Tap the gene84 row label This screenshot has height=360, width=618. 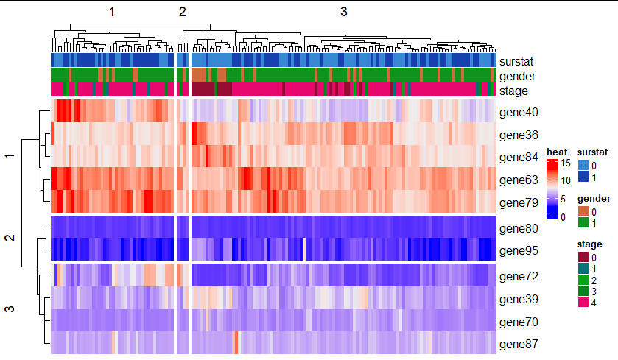[x=518, y=158]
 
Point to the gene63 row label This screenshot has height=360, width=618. [x=518, y=180]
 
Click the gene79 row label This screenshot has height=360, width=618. [x=518, y=202]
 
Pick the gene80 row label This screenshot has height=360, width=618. [x=518, y=228]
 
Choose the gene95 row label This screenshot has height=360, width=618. [x=518, y=251]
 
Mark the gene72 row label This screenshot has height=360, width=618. [x=518, y=277]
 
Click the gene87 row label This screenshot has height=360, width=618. [x=518, y=344]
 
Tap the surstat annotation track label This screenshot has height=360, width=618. [x=516, y=62]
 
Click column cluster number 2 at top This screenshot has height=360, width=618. [x=183, y=12]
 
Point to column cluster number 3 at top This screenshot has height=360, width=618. [x=344, y=12]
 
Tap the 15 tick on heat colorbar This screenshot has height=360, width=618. [x=566, y=163]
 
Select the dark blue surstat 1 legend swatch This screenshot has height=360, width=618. [x=583, y=177]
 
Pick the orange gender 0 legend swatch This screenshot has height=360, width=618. [x=583, y=212]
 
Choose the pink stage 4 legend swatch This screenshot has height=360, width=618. [x=583, y=302]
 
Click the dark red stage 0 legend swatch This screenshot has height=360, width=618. [x=583, y=257]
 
